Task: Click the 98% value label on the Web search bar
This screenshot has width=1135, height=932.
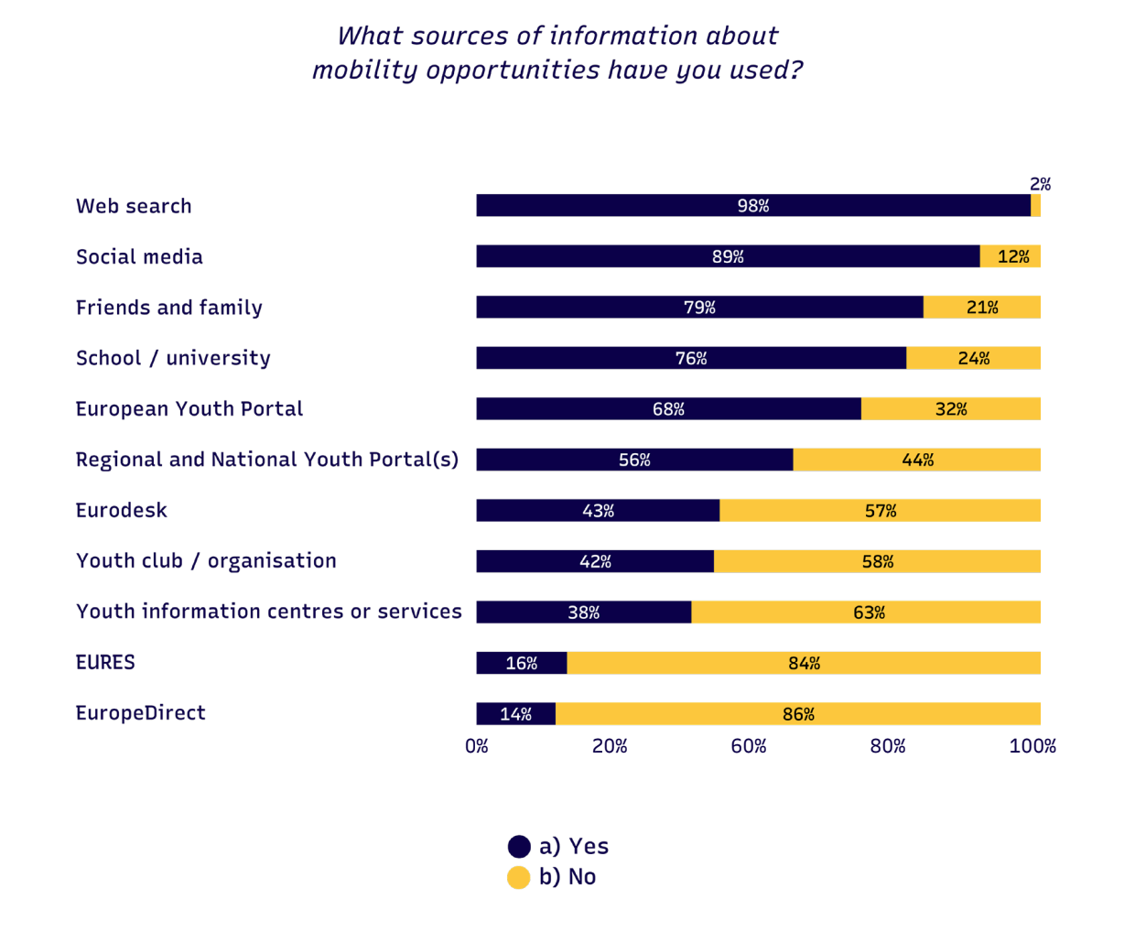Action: point(752,206)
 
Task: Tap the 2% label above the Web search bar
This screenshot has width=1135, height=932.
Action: point(1040,184)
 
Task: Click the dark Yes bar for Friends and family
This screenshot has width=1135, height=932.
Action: point(699,308)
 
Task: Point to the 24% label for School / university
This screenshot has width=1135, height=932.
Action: point(973,358)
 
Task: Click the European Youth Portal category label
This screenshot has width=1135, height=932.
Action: point(189,409)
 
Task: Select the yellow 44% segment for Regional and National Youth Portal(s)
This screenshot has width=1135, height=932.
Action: point(916,460)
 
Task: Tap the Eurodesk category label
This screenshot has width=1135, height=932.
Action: point(121,511)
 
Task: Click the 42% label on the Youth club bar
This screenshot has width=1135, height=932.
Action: point(595,561)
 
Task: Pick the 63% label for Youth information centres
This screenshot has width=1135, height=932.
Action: point(869,612)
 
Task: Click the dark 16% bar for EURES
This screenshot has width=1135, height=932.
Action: point(522,663)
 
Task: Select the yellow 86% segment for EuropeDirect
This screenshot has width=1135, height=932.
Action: point(798,714)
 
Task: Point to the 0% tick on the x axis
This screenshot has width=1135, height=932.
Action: point(477,746)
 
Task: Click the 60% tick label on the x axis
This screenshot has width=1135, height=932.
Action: point(748,746)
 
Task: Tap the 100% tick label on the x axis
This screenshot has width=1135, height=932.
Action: point(1032,746)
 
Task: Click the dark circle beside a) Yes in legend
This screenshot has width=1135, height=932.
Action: point(519,847)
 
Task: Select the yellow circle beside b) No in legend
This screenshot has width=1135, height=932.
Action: point(519,877)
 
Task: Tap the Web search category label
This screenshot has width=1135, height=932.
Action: point(134,206)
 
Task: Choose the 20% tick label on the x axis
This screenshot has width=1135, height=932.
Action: point(610,746)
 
